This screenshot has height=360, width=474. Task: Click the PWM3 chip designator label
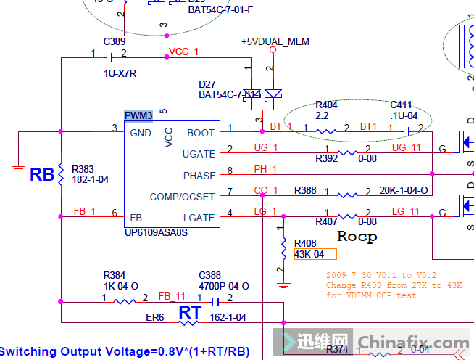pos(138,116)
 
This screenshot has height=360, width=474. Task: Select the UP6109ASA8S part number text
pos(156,232)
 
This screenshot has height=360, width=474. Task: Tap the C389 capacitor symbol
pos(109,57)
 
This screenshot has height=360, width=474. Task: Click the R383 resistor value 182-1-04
pos(91,179)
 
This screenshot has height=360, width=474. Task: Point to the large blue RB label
pos(42,175)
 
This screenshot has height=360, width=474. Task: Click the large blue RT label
pos(190,313)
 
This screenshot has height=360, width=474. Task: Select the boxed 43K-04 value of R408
pos(315,254)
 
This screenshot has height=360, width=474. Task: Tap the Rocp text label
pos(357,237)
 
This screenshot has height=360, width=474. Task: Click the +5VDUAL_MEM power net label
pos(275,42)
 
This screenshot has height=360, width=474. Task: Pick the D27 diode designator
pos(207,83)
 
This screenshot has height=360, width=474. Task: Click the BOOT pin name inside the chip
pos(201,133)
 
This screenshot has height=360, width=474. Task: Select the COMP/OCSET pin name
pos(182,197)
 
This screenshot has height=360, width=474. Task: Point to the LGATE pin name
pos(199,217)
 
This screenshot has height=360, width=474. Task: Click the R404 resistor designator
pos(326,105)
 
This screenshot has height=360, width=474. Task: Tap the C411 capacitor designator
pos(401,105)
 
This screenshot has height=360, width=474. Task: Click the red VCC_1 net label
pos(183,52)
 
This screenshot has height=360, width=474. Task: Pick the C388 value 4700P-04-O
pos(224,286)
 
